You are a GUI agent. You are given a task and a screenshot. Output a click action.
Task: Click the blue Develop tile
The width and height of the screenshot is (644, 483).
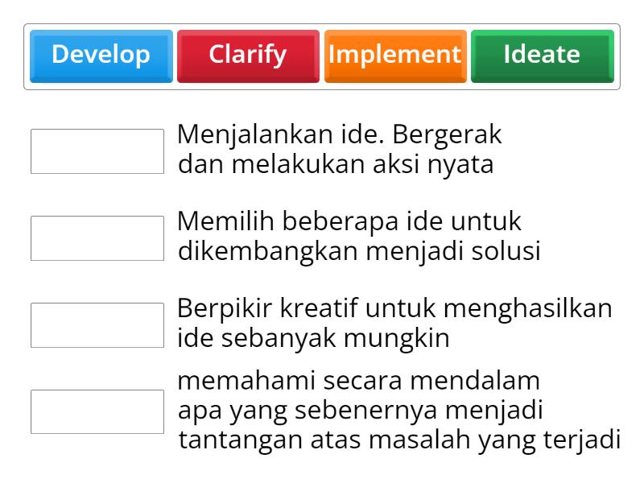tap(101, 56)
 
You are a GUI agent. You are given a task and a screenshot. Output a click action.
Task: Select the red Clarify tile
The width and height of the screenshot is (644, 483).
tap(248, 56)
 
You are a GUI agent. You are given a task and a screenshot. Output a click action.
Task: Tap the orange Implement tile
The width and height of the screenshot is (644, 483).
tap(394, 56)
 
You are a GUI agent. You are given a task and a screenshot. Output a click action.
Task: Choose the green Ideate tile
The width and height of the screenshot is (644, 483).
tap(542, 56)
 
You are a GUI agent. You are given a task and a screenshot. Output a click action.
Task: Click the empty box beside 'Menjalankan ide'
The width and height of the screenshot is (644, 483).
tap(97, 151)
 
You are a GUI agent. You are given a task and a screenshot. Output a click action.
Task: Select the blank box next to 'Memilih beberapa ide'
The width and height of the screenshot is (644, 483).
tap(97, 238)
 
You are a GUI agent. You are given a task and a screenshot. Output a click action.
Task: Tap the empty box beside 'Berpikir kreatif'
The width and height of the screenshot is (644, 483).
tap(97, 325)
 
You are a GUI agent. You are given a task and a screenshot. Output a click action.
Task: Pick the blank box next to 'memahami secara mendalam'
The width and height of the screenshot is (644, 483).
tap(97, 411)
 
